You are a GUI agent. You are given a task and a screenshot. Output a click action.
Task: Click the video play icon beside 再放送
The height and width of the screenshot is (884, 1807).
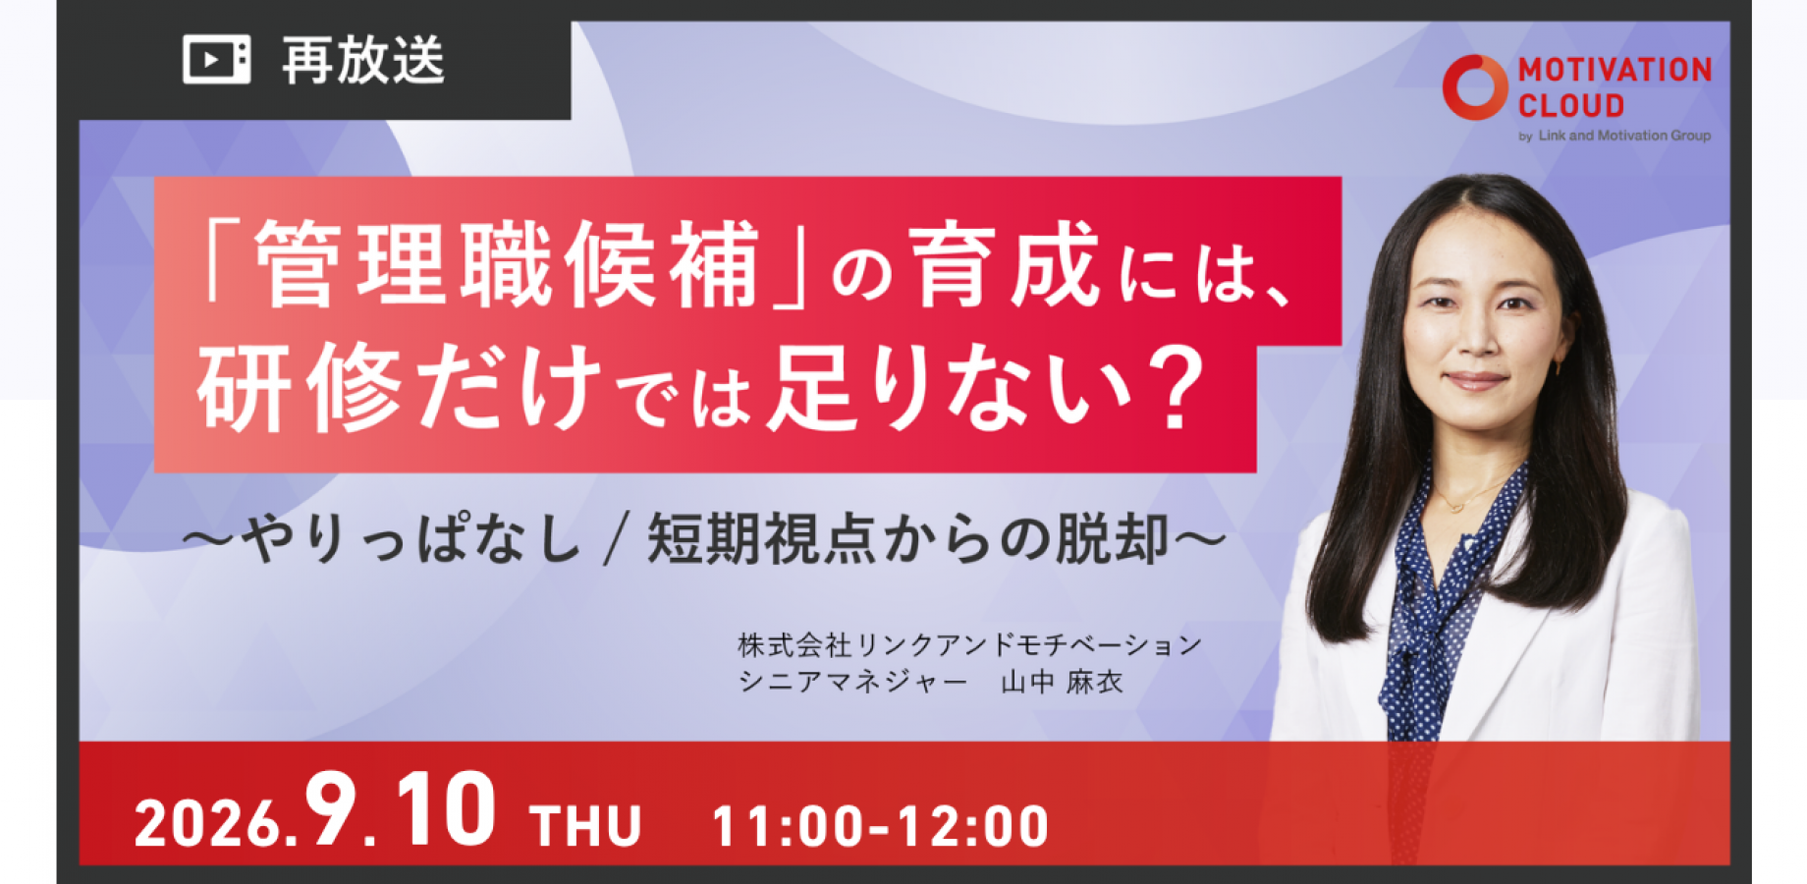pos(216,60)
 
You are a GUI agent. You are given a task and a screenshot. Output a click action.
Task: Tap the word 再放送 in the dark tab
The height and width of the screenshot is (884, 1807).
pos(363,61)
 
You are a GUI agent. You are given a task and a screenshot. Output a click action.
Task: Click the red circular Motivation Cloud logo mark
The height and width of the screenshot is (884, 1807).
pos(1474,87)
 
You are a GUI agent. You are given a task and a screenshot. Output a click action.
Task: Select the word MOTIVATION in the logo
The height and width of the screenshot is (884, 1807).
pos(1615,70)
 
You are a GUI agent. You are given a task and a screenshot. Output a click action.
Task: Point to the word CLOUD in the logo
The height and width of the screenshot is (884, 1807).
pos(1571,105)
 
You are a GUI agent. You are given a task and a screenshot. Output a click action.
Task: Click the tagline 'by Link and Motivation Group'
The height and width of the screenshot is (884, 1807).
pos(1615,136)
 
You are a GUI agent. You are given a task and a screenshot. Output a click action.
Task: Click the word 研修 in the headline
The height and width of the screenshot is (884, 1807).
pos(300,387)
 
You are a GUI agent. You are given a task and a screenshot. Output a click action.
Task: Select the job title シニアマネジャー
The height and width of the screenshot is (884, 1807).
pos(852,682)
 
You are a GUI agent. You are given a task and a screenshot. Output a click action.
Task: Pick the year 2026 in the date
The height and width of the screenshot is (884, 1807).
pos(207,824)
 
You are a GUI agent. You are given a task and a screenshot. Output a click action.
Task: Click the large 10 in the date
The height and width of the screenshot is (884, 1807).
pos(446,809)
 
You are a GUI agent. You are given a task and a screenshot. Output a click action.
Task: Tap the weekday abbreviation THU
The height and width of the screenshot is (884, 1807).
pos(585,825)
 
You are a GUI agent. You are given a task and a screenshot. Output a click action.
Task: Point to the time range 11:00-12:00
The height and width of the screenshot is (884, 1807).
pos(880,826)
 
